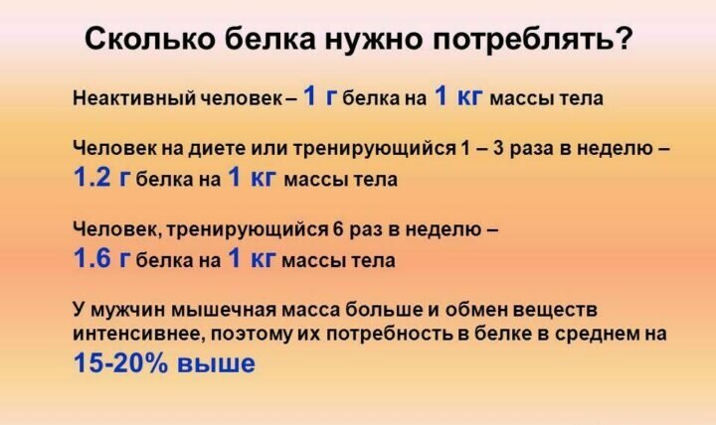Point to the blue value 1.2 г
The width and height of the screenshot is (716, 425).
tap(102, 177)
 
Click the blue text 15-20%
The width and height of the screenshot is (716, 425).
tap(120, 363)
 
